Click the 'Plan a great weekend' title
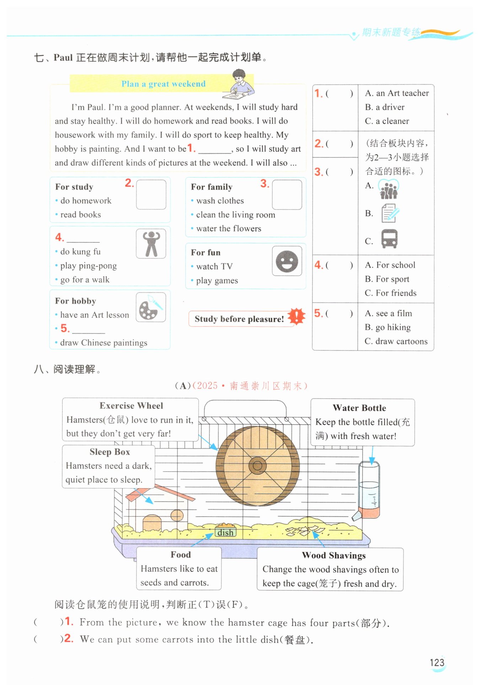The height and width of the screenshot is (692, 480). [x=163, y=84]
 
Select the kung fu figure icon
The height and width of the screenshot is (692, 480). [x=151, y=243]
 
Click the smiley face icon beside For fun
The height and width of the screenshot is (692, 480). [x=287, y=261]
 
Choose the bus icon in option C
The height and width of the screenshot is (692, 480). [x=389, y=238]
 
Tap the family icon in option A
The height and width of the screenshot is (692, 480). [x=388, y=189]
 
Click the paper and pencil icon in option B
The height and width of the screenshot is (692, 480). [x=390, y=213]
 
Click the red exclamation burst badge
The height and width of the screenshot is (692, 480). [x=296, y=316]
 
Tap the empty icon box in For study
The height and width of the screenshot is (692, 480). [x=151, y=194]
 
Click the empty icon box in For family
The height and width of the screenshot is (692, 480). [x=287, y=194]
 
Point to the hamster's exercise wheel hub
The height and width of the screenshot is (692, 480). [x=257, y=466]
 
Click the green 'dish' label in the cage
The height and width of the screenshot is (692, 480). [x=225, y=532]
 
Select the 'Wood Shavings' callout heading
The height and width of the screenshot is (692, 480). [x=334, y=556]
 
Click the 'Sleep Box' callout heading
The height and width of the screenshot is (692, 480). [x=110, y=452]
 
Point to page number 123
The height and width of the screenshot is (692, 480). [x=437, y=663]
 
